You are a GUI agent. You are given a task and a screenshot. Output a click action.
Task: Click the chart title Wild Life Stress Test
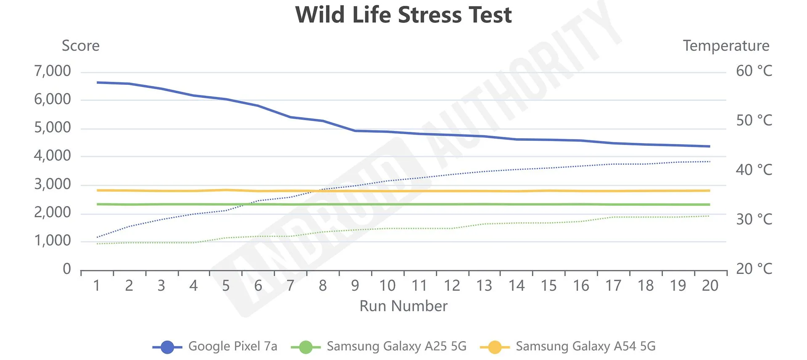[x=403, y=15]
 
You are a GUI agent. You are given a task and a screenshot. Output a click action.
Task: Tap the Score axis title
[x=81, y=46]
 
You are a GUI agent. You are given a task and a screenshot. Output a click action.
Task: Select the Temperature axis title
[x=726, y=46]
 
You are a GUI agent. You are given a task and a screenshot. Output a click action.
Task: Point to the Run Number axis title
[x=403, y=306]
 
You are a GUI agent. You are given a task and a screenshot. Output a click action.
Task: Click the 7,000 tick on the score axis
[x=53, y=71]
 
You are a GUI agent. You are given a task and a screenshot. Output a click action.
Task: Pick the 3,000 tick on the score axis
[x=53, y=184]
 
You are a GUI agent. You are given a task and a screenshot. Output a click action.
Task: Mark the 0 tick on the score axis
[x=67, y=269]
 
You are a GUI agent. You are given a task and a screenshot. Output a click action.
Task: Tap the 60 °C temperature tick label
[x=754, y=71]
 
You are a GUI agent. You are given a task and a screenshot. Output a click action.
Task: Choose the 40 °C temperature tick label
[x=754, y=170]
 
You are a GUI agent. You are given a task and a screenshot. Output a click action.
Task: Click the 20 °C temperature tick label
[x=754, y=269]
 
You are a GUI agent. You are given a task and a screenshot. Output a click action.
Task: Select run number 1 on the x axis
[x=97, y=286]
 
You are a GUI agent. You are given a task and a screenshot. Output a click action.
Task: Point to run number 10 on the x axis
[x=387, y=286]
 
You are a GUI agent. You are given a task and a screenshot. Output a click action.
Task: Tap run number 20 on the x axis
[x=710, y=286]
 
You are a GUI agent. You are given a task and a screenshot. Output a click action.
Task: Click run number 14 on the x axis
[x=517, y=286]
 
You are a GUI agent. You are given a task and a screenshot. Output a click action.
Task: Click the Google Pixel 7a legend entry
[x=232, y=346]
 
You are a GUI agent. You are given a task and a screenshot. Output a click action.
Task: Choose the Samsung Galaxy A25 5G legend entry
[x=396, y=346]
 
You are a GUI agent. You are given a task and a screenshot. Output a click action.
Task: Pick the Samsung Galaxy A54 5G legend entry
[x=585, y=346]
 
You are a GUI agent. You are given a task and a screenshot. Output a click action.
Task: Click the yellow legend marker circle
[x=495, y=347]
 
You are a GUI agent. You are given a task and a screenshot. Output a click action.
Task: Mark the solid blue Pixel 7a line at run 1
[x=98, y=82]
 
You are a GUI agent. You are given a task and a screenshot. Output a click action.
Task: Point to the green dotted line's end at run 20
[x=709, y=216]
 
